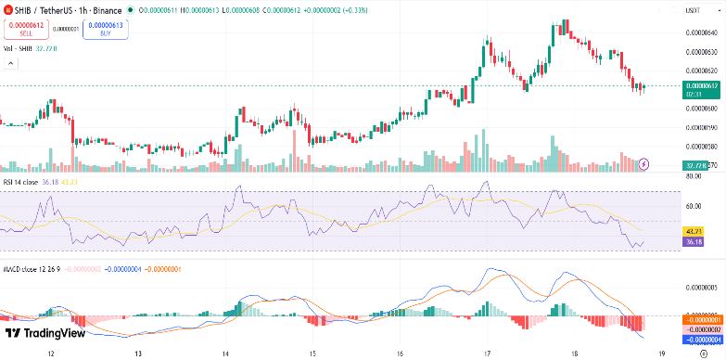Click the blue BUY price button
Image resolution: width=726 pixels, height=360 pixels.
coord(106,29)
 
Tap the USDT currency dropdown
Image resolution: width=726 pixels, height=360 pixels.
coord(691,9)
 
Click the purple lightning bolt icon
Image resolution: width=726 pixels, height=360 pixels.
coord(645,164)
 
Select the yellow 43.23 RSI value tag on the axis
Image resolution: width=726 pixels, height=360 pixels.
coord(692,229)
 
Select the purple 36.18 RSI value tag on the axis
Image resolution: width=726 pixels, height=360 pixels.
coord(692,241)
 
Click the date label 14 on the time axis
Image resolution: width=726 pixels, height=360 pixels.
coord(225,354)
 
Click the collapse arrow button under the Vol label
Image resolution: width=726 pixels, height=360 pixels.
coord(12,64)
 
